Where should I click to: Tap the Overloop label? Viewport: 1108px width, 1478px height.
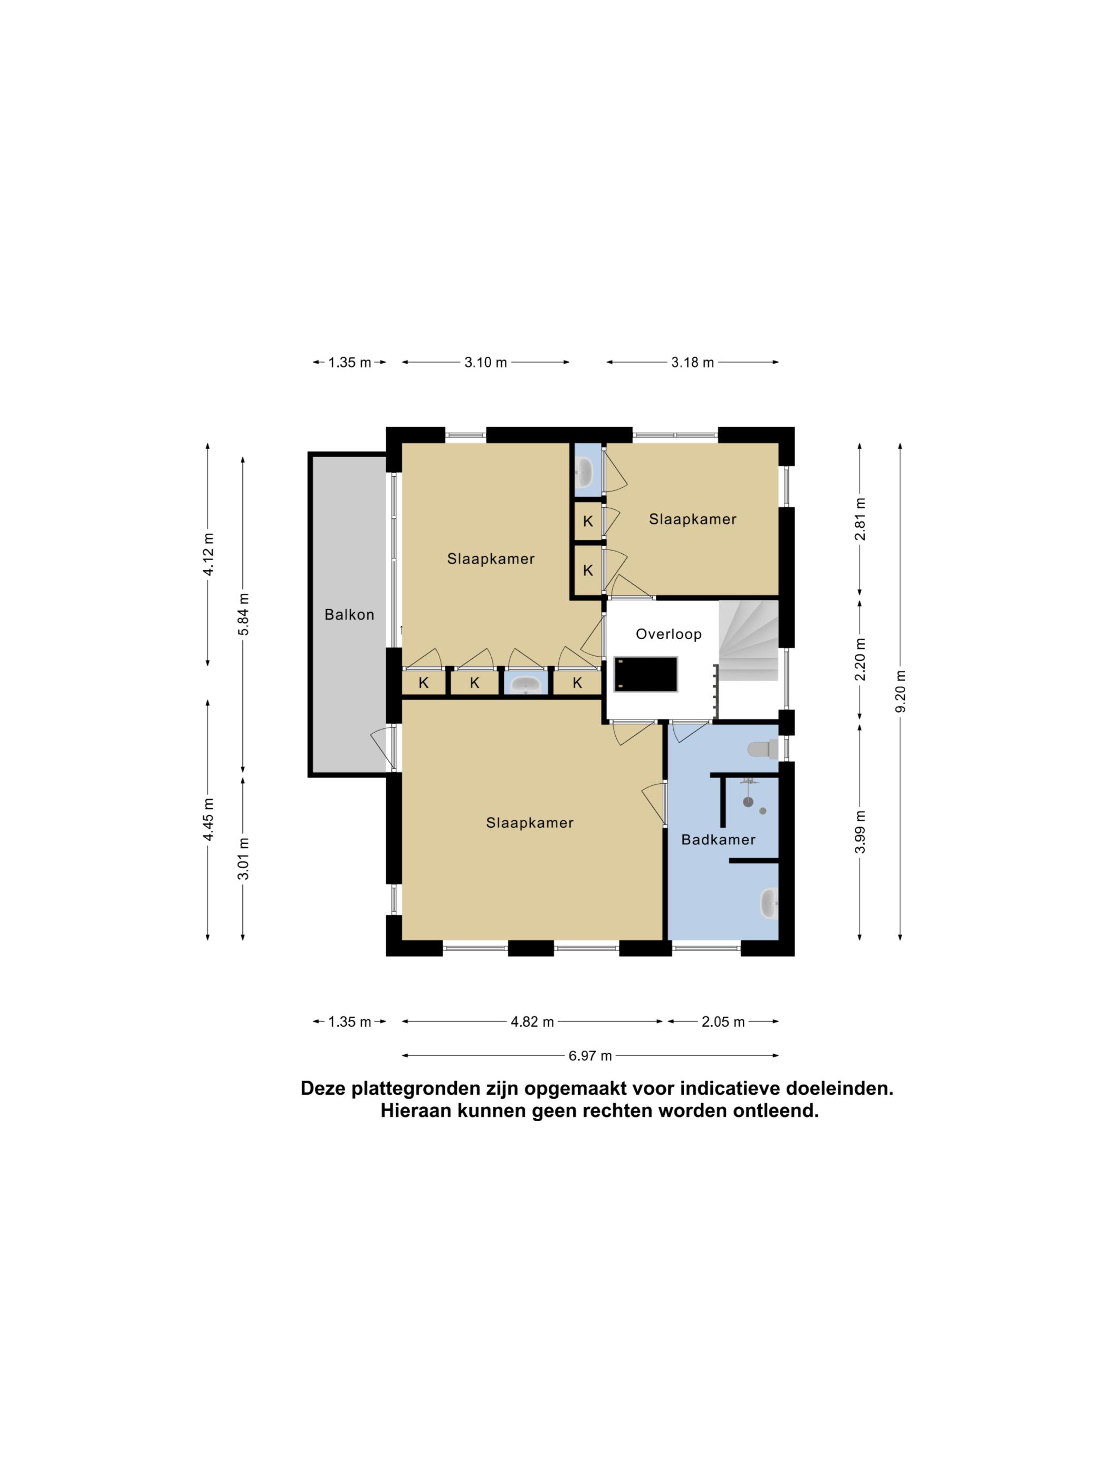[x=668, y=634]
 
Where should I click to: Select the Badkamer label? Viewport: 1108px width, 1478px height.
[x=718, y=840]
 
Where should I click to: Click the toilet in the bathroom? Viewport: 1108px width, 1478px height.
[x=763, y=749]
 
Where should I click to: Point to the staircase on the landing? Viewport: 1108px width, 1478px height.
[x=749, y=640]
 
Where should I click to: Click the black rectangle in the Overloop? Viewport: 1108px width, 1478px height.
[x=646, y=674]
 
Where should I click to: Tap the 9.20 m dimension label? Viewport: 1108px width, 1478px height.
[x=900, y=691]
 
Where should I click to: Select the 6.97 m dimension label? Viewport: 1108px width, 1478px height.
[x=590, y=1056]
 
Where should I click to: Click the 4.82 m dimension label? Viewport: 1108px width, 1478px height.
[x=532, y=1021]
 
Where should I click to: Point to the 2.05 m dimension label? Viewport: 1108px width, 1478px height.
[x=723, y=1021]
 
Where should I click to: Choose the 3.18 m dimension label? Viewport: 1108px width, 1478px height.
[x=693, y=362]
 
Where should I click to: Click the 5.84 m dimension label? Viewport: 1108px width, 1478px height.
[x=243, y=615]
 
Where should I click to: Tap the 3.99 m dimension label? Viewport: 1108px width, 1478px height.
[x=860, y=832]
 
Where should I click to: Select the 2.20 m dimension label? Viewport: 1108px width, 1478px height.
[x=860, y=659]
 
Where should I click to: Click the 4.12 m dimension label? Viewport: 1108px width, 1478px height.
[x=208, y=553]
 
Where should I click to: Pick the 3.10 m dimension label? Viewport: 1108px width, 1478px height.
[x=485, y=362]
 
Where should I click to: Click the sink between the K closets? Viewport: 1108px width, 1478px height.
[x=526, y=684]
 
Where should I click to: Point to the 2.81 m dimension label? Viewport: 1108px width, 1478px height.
[x=860, y=519]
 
